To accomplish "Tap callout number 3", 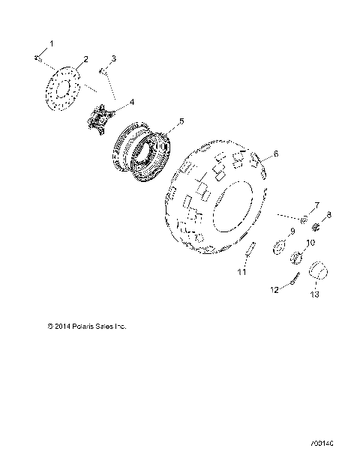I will click(113, 58).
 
